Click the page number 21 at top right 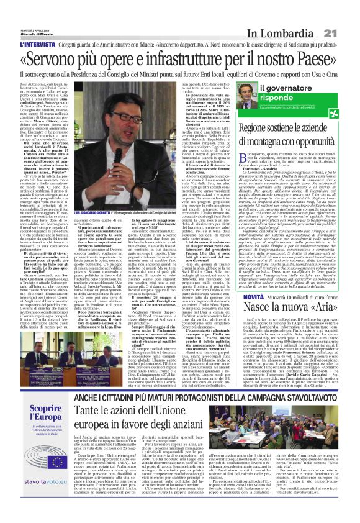(348, 14)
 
